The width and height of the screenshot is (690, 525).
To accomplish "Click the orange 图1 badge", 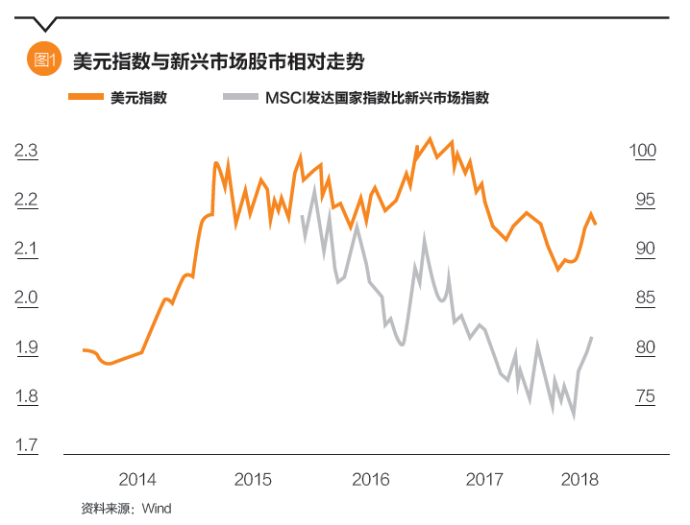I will (x=45, y=60).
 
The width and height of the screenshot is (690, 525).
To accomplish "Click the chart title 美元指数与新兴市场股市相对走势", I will (x=218, y=60).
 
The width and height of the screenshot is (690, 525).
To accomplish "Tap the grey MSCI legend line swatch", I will (x=239, y=97).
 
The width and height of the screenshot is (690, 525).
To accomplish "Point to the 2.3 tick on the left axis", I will (x=26, y=151).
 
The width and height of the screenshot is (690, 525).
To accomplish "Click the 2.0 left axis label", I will (x=26, y=298).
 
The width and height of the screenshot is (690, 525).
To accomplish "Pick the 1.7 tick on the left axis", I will (x=26, y=445).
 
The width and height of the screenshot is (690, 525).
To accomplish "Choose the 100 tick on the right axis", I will (x=642, y=151).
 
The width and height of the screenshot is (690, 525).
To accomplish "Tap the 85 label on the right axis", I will (x=642, y=298).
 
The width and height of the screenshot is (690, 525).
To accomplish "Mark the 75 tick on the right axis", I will (x=642, y=396).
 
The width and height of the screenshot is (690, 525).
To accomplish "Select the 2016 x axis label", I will (x=370, y=479).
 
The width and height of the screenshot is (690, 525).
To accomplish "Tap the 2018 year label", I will (x=579, y=479).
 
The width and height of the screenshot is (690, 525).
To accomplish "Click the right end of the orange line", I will (x=596, y=224).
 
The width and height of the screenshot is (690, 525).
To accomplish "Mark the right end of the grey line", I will (x=591, y=338).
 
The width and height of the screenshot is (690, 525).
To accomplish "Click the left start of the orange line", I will (x=85, y=350).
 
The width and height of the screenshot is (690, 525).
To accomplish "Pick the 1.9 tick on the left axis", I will (x=26, y=347).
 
